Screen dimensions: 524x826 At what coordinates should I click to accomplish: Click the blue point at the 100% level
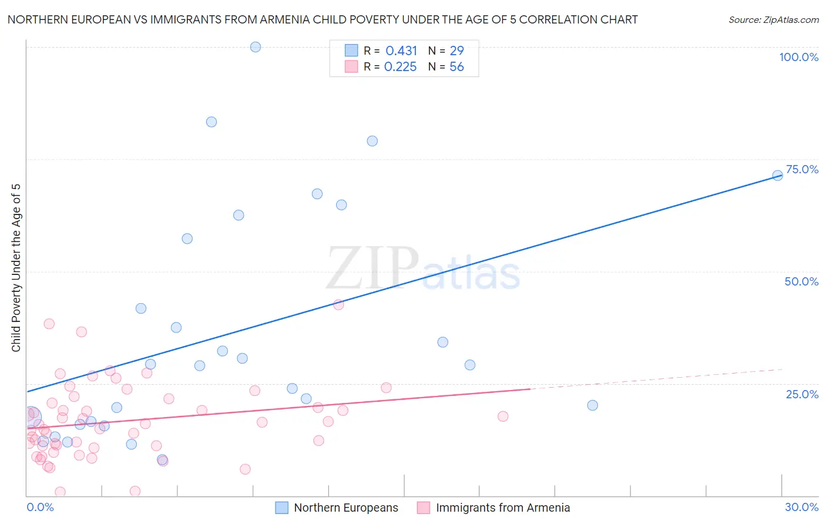click(256, 47)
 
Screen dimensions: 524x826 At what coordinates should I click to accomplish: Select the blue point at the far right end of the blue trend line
click(777, 175)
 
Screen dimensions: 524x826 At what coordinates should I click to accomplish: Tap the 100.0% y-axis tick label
click(798, 57)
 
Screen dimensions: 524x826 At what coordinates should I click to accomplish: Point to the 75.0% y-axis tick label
click(802, 169)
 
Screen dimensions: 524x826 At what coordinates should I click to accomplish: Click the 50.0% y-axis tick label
click(801, 281)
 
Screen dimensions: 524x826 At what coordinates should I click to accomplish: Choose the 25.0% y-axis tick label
click(802, 394)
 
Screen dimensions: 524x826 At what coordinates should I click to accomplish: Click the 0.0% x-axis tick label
click(40, 507)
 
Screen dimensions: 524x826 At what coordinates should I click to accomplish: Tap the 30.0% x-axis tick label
click(801, 507)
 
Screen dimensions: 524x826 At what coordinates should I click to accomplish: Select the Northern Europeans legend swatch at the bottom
click(282, 508)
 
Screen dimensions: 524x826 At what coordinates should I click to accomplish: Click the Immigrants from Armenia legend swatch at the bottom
click(424, 508)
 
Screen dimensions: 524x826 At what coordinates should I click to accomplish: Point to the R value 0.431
click(401, 51)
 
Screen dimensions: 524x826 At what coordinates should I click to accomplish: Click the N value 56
click(456, 67)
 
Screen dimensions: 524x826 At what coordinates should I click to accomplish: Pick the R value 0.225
click(400, 67)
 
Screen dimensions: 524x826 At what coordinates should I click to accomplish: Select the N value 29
click(456, 51)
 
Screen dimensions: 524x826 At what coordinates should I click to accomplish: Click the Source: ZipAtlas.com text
click(773, 20)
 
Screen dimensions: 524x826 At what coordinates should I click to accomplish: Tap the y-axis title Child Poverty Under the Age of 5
click(16, 267)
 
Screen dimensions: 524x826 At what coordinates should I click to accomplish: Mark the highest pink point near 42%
click(338, 304)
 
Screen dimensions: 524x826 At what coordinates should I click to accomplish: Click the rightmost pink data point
click(503, 416)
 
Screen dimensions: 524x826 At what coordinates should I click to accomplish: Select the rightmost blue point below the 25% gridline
click(592, 405)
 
